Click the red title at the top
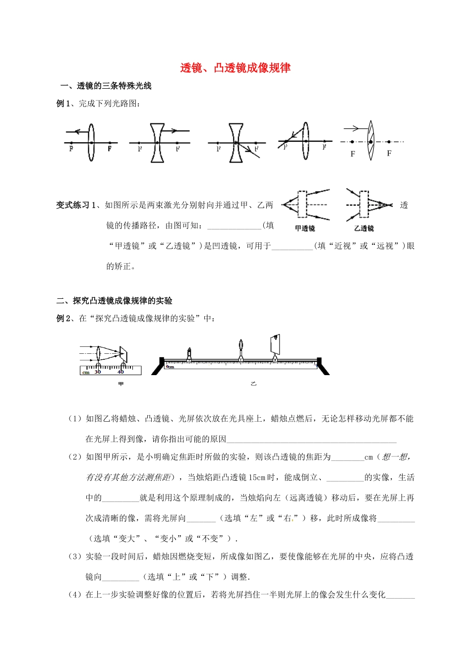[235, 68]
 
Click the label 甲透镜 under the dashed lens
[305, 228]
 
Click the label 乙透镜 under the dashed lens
[364, 228]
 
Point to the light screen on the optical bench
[275, 344]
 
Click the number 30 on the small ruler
[98, 372]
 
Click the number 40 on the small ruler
[120, 372]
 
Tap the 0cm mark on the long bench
[170, 366]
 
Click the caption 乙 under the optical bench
[253, 384]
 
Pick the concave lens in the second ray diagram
[157, 142]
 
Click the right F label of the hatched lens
[389, 154]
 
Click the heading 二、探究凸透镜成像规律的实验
[115, 301]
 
